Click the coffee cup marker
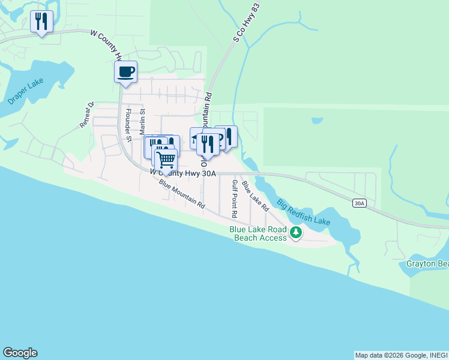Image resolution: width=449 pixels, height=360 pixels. (x=125, y=73)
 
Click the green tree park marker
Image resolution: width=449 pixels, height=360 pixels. (x=295, y=232)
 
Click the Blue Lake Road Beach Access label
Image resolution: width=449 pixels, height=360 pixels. (x=259, y=233)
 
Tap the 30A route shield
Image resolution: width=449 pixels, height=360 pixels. (x=359, y=203)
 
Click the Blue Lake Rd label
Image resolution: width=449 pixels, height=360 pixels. (x=255, y=196)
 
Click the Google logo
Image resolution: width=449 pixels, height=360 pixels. (x=20, y=353)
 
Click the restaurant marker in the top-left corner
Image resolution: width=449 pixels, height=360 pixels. (x=41, y=22)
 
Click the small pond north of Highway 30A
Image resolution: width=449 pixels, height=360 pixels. (x=316, y=121)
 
